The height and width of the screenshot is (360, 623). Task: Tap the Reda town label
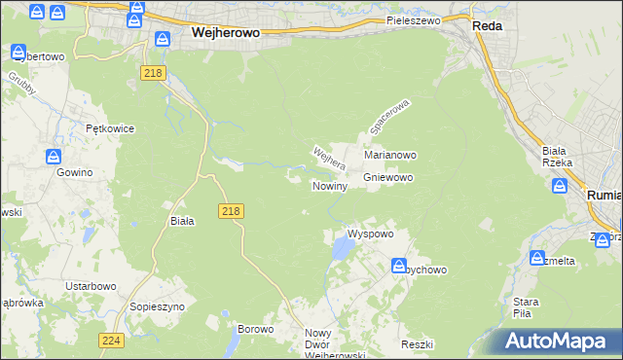(x=487, y=26)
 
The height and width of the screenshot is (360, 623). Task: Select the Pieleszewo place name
(x=414, y=19)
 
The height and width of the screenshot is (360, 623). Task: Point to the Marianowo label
(x=390, y=155)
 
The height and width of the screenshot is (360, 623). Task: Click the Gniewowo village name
(x=388, y=178)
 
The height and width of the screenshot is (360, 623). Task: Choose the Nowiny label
(x=329, y=186)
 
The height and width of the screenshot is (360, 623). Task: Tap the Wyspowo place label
(x=370, y=234)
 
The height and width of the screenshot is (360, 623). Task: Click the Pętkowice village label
(x=109, y=128)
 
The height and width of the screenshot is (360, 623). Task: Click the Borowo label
(x=256, y=330)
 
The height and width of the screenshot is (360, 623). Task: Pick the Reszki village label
(x=416, y=345)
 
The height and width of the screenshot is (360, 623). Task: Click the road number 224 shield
(x=110, y=341)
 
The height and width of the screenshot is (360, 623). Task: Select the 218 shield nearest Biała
(x=231, y=211)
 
